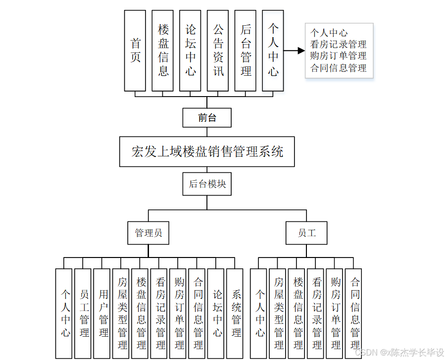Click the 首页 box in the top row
pos(135,51)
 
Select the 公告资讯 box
pos(218,51)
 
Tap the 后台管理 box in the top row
pos(246,51)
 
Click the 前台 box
pos(207,118)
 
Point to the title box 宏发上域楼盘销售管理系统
pos(207,152)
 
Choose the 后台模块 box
pos(207,184)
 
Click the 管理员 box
pos(149,233)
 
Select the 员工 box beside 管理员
pos(306,233)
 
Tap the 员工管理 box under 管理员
pos(84,313)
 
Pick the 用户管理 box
pos(103,313)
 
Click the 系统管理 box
pos(236,313)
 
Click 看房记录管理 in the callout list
pos(338,45)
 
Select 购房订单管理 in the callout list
pos(338,56)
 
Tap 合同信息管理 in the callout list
pos(338,68)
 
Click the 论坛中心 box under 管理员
pos(217,313)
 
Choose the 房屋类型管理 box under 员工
pos(279,313)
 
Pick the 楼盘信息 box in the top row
pos(163,51)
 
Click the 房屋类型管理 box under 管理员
pos(122,313)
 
